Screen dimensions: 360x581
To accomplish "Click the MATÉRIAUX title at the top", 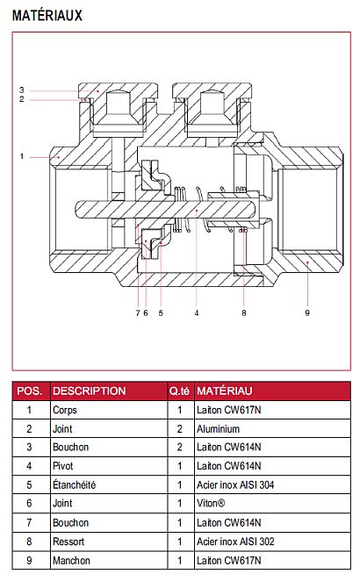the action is pos(47,16).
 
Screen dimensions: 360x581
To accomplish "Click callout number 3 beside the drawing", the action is pos(21,90).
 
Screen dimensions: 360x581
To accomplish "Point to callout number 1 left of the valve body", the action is pos(21,156).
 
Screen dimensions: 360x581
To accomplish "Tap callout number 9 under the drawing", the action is pos(307,313).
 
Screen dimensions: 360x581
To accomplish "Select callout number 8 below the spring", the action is pos(243,313).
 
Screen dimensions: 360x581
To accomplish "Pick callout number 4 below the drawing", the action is pos(197,313).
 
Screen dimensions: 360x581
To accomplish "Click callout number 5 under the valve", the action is pos(161,313).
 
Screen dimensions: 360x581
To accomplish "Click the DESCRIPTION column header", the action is pos(89,391).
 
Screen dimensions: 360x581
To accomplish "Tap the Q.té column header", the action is pos(179,391).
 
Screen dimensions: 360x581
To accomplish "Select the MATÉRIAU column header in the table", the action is pos(224,391).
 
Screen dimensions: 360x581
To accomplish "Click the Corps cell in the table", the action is pos(65,410).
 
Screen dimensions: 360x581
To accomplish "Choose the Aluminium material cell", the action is pos(218,429).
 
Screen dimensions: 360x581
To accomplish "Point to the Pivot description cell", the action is pos(63,466).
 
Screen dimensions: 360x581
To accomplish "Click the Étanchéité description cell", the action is pos(74,484).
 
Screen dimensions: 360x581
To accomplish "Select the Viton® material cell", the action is pos(211,503).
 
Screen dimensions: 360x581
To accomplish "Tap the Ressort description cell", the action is pos(68,542).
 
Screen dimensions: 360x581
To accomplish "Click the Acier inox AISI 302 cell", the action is pos(235,542).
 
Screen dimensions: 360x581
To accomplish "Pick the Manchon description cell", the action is pos(71,560).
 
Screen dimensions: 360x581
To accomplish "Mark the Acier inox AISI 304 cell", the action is pos(235,484).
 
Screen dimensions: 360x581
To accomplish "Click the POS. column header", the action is pos(30,391).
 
